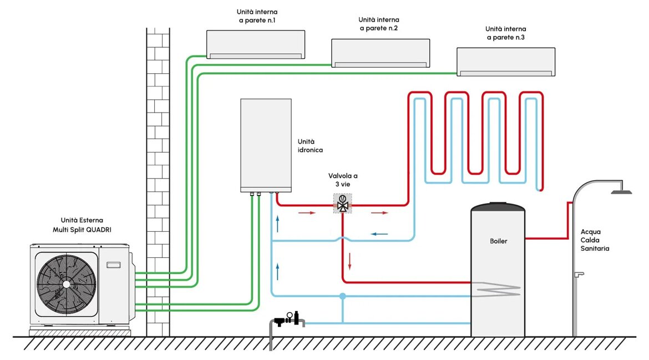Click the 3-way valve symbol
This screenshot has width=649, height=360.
[x=343, y=203]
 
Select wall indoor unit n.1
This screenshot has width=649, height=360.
[x=256, y=44]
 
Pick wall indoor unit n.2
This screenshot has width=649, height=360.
[x=381, y=53]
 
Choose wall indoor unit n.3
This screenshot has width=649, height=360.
[x=505, y=62]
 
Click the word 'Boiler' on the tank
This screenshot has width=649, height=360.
[x=498, y=241]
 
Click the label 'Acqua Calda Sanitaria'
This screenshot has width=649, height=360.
[x=595, y=240]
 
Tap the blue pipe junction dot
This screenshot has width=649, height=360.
[x=343, y=296]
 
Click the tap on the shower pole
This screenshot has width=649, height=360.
[x=580, y=273]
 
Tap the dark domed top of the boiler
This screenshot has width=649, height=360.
[x=498, y=207]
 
